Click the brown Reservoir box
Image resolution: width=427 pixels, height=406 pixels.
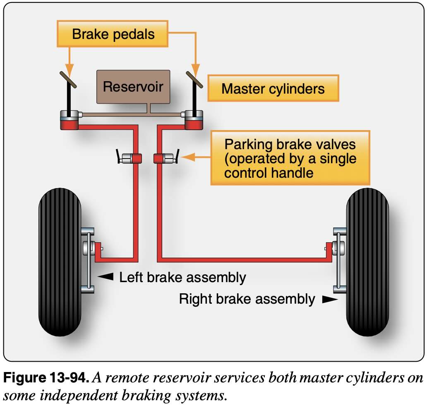tap(133, 87)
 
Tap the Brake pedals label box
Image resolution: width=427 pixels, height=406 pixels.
tap(113, 34)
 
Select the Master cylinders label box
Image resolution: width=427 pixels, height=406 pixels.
tap(273, 89)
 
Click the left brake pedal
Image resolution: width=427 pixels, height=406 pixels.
tap(69, 79)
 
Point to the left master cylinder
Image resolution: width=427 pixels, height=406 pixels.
tap(69, 120)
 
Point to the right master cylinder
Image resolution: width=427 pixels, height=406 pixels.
tap(194, 120)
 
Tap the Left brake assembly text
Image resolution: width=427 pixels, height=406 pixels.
tap(182, 278)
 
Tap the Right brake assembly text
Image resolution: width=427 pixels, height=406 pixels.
tap(247, 299)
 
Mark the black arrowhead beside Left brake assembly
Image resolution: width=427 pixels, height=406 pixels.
tap(107, 277)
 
